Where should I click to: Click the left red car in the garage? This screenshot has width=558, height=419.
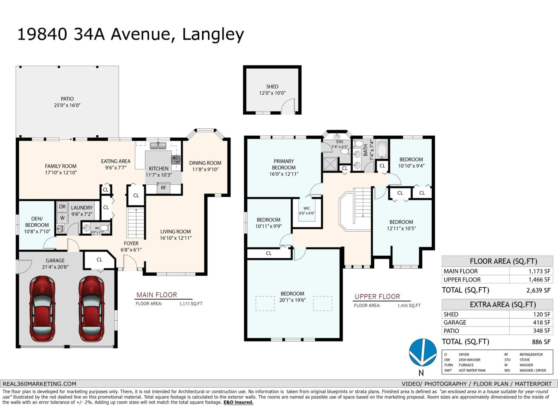(42, 309)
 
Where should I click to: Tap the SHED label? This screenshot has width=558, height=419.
(272, 87)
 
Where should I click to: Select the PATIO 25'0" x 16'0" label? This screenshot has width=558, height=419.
(67, 102)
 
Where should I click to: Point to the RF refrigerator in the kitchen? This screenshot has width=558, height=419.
(163, 188)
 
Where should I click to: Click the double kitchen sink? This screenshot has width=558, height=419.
(158, 146)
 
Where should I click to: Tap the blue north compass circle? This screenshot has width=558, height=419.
(423, 352)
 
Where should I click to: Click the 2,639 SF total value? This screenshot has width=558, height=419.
(538, 290)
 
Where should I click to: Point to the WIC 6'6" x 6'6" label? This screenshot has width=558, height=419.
(307, 211)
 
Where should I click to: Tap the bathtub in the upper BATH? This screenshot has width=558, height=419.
(382, 150)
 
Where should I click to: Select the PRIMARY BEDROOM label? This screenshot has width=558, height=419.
(284, 164)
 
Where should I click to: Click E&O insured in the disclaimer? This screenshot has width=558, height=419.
(238, 402)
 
